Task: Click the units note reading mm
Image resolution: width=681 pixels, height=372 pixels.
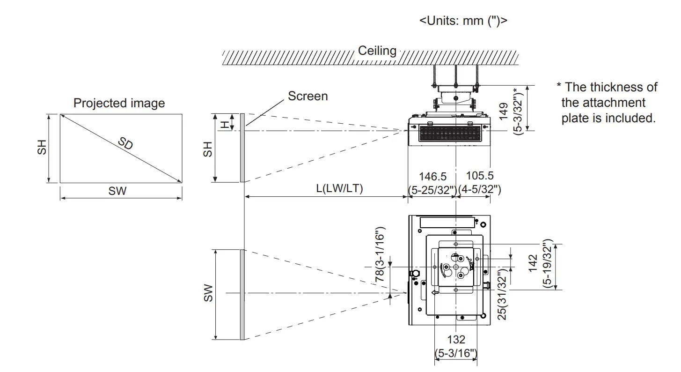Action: point(463,21)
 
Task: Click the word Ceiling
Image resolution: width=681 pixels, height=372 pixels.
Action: point(377,51)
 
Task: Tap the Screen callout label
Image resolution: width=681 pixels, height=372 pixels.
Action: point(308,96)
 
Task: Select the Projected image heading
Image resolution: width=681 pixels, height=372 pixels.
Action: point(119,103)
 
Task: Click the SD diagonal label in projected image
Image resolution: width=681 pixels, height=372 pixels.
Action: point(125,143)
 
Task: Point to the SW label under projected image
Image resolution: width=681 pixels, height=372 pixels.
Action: point(117,191)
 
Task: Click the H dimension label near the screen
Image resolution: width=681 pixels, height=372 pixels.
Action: point(225,124)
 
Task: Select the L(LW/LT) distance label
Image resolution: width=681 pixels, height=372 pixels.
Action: point(339,188)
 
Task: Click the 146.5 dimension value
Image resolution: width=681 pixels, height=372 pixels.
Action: point(432,177)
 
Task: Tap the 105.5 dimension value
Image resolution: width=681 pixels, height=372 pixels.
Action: point(480,176)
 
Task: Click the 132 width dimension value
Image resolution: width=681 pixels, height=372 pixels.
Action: point(456,340)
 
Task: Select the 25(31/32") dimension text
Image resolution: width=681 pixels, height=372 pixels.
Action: point(502,295)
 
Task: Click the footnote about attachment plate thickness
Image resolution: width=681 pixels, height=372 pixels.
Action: point(607,103)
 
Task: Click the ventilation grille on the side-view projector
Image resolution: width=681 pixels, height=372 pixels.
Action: point(449,134)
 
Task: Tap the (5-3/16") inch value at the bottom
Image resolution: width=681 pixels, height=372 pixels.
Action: point(456,352)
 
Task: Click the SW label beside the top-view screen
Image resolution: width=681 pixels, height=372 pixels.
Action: point(208,293)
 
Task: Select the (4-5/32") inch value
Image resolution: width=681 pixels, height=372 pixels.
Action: point(480,189)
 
